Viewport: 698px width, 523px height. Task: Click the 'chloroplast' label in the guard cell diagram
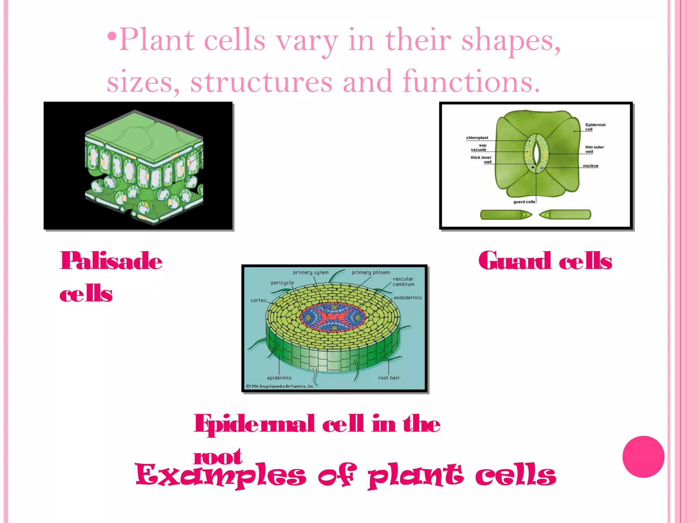477,138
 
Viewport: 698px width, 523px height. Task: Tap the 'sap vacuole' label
479,147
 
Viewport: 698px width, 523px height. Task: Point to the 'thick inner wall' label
481,160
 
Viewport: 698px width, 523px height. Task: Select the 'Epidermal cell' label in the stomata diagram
595,127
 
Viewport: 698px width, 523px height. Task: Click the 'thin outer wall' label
594,149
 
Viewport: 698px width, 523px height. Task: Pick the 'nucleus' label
590,166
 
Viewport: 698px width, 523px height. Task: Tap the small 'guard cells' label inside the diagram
524,202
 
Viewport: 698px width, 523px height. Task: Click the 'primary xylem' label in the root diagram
310,272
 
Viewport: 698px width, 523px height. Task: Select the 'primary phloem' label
371,272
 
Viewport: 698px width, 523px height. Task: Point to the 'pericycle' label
282,283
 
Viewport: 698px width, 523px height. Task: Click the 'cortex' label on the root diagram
258,300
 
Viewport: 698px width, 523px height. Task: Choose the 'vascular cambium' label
403,282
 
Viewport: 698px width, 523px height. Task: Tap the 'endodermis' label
408,298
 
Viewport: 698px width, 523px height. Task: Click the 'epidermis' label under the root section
279,378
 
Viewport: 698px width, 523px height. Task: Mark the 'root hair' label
389,378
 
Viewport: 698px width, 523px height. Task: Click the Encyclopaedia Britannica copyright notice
280,386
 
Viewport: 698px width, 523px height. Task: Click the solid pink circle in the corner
643,457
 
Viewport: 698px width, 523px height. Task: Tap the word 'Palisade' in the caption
111,261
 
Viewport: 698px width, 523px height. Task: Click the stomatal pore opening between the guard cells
536,153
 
